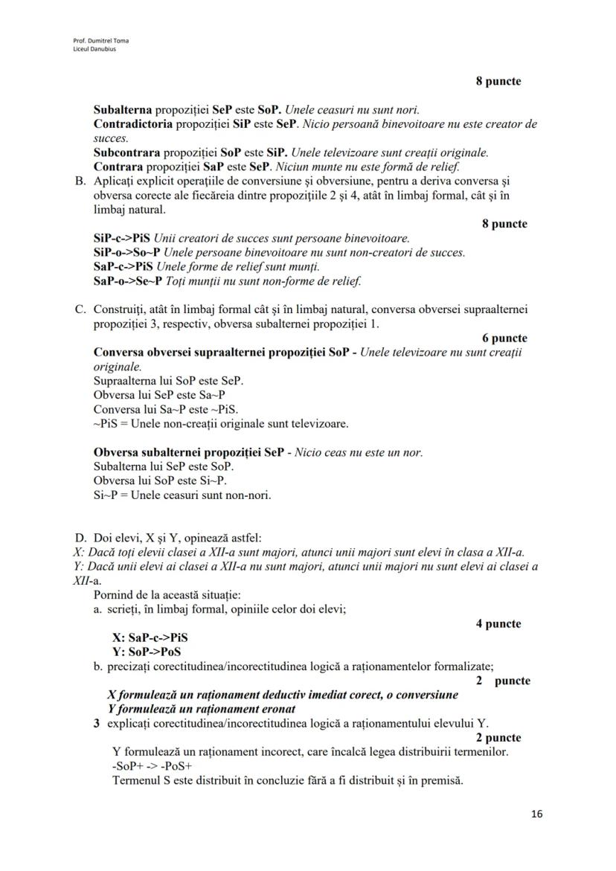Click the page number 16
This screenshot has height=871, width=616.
[537, 814]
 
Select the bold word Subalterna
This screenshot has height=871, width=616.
[123, 109]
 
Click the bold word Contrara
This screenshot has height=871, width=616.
[117, 167]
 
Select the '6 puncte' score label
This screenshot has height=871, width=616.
[504, 338]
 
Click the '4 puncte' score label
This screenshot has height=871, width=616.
[498, 624]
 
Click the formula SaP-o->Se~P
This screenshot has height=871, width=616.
[126, 281]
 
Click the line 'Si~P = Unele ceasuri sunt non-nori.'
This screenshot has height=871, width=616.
[182, 495]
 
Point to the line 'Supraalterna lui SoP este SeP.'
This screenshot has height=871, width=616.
[168, 381]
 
